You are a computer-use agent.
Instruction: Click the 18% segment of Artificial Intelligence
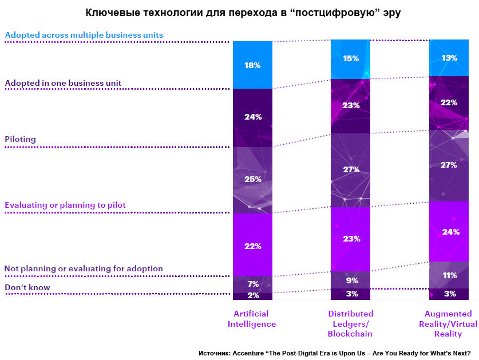[252, 65]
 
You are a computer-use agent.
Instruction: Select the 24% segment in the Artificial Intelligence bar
[252, 117]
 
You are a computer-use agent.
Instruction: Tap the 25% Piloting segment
[252, 179]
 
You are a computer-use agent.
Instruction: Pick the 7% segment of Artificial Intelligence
[252, 284]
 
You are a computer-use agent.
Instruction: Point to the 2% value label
[252, 296]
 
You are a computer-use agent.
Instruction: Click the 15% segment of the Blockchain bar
[351, 59]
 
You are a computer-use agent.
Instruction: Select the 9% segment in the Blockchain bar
[351, 280]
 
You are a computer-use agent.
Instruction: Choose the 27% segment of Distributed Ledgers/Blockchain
[351, 169]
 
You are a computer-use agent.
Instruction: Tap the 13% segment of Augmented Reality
[449, 57]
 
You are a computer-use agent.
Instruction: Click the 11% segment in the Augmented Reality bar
[449, 275]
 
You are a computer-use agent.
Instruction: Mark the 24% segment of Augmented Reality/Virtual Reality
[449, 232]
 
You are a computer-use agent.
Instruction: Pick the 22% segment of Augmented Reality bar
[449, 102]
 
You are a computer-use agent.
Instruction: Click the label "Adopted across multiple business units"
[84, 35]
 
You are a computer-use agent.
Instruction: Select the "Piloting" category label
[21, 139]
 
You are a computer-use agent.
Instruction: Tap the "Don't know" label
[27, 287]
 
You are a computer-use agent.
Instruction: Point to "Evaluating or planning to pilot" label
[65, 205]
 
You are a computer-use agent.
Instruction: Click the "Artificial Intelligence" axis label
[252, 319]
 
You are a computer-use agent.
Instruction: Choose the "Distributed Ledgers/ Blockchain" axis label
[351, 323]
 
